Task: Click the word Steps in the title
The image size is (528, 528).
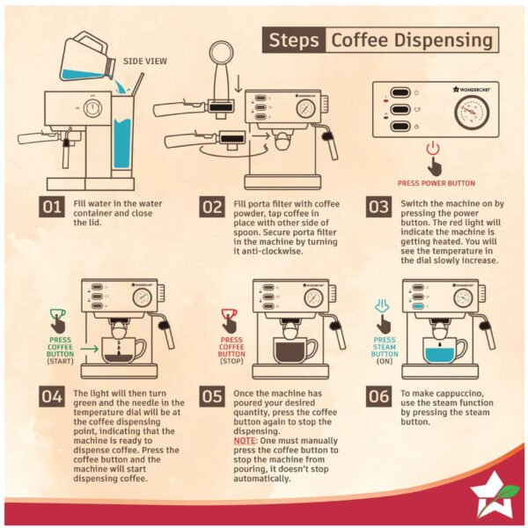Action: coord(294,40)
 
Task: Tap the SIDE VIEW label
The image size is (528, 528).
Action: coord(145,62)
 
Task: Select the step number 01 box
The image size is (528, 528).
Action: coord(52,207)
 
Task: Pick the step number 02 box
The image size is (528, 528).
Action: coord(212,207)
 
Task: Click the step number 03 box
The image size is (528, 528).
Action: coord(378,207)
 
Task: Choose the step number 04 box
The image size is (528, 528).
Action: coord(52,396)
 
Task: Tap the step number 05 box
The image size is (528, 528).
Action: coord(212,396)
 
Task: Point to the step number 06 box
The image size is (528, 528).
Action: coord(378,396)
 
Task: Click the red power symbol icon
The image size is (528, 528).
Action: coord(433,148)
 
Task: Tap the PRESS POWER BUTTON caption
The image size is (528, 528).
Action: coord(436,183)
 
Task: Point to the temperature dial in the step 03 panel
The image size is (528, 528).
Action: coord(472,113)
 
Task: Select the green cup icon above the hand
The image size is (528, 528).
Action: coord(57,314)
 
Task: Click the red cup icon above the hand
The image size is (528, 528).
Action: coord(229,314)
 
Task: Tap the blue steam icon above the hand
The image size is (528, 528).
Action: coord(382,306)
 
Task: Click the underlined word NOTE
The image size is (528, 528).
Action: coord(245,441)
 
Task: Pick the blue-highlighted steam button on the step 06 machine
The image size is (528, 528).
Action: coord(418,306)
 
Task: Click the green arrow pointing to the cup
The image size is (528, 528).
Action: coord(89,348)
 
